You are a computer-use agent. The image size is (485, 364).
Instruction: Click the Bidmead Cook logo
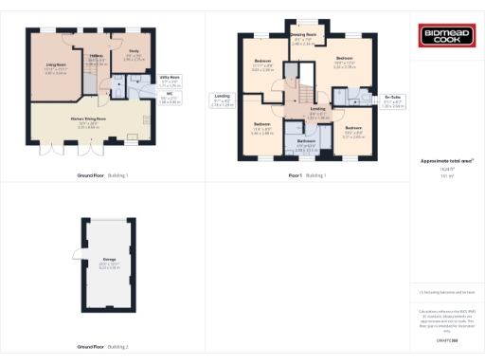click(x=444, y=37)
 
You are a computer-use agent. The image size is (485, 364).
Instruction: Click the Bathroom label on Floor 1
click(x=306, y=141)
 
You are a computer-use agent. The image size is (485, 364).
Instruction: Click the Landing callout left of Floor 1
click(x=223, y=97)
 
